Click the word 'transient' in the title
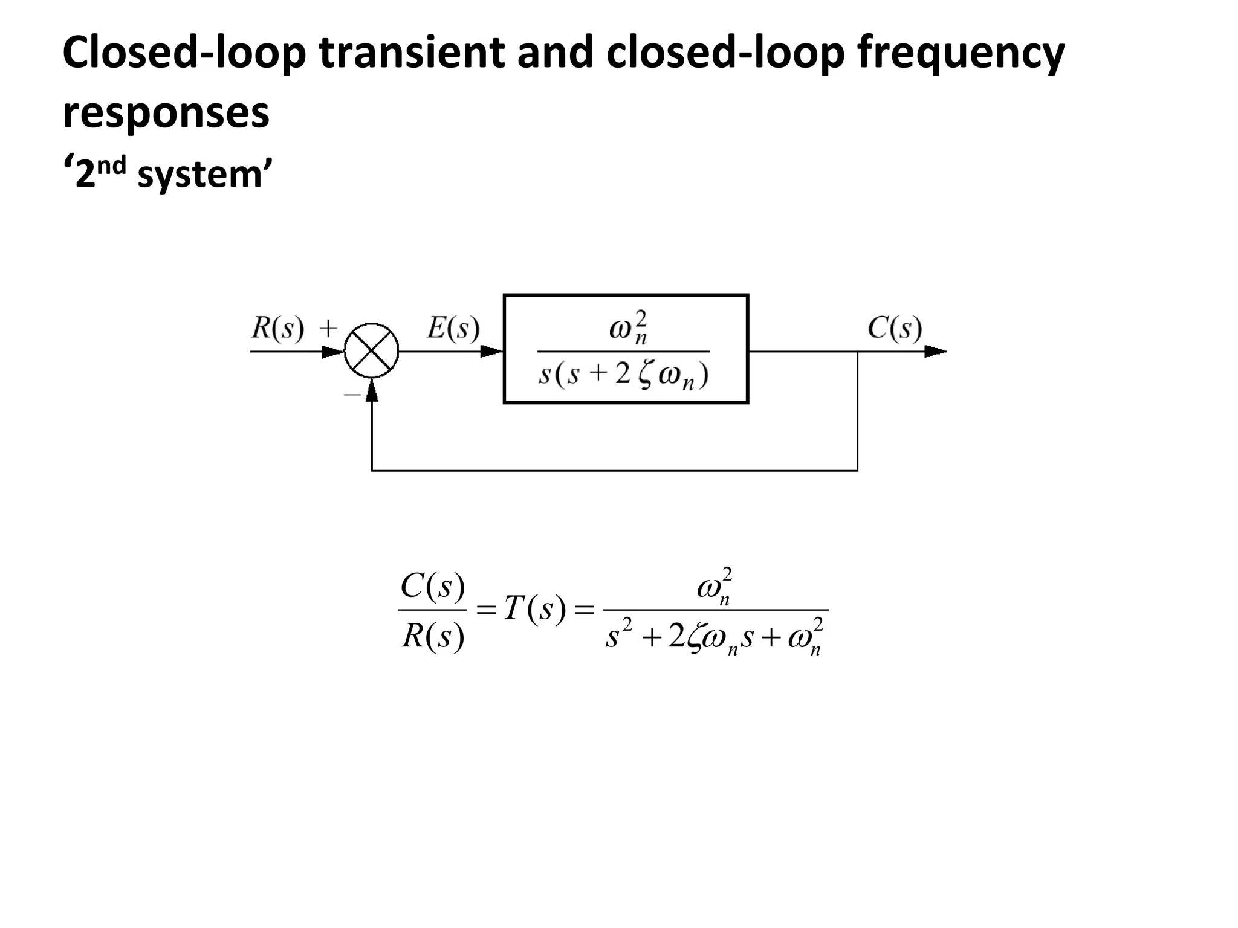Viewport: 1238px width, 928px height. [411, 53]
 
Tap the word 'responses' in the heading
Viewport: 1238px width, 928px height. [166, 114]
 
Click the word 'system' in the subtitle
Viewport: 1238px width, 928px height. [199, 175]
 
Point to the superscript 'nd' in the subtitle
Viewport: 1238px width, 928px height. [111, 165]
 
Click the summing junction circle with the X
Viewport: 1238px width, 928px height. [371, 351]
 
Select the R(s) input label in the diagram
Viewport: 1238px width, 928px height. [277, 329]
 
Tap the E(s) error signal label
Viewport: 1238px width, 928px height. [453, 329]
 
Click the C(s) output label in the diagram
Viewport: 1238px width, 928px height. [895, 329]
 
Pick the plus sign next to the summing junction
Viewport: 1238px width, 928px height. [328, 329]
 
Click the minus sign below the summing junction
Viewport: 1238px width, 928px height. [351, 395]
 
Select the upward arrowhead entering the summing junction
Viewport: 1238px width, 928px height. [372, 391]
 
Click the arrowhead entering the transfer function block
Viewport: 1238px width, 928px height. [491, 351]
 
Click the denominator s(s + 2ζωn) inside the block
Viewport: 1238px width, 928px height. [623, 376]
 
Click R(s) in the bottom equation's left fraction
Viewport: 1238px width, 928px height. [433, 636]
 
